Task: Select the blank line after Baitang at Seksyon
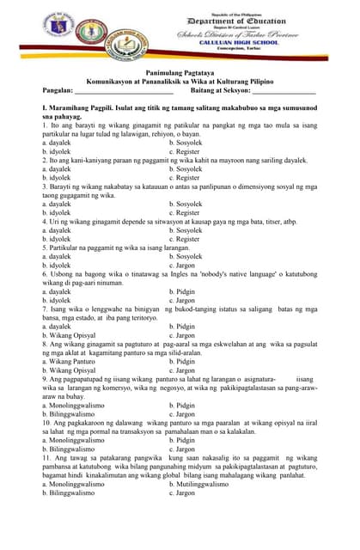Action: point(284,92)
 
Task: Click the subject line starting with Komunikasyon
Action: point(180,84)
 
